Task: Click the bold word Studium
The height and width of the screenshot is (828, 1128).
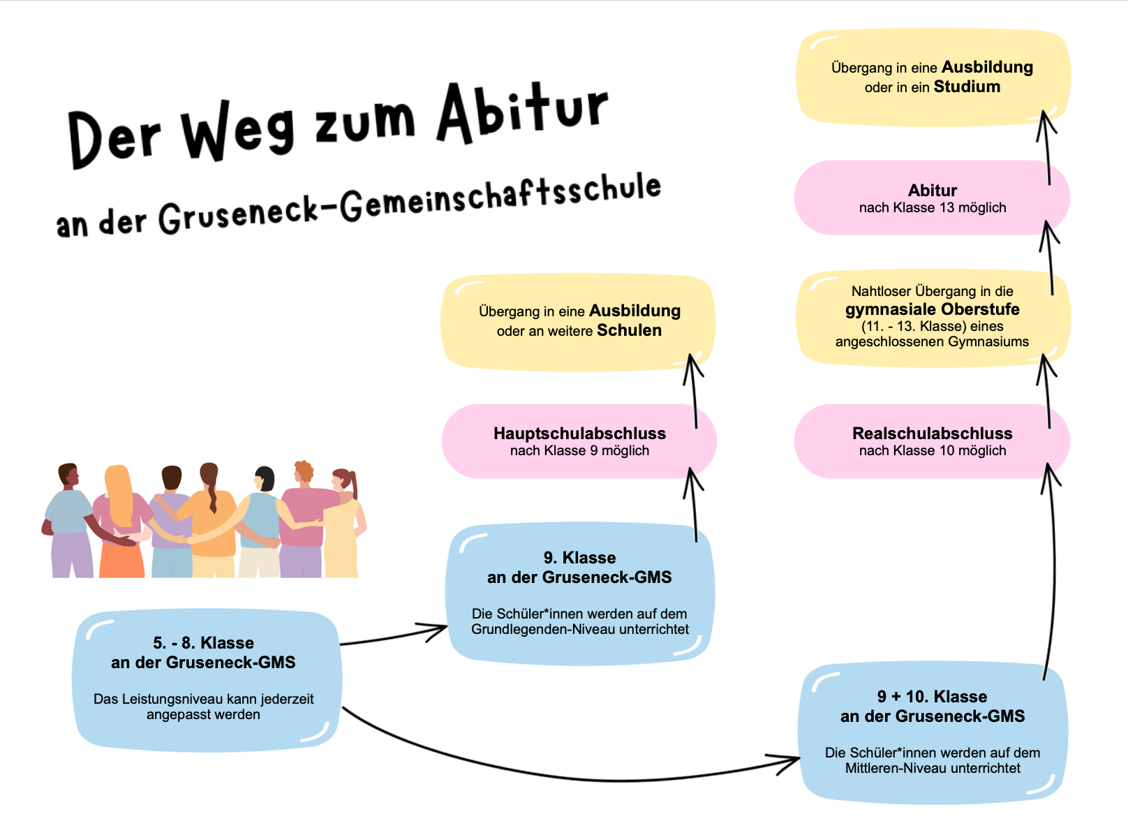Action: pyautogui.click(x=967, y=87)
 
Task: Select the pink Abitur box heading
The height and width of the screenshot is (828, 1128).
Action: pyautogui.click(x=932, y=190)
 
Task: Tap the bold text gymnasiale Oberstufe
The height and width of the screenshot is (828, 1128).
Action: pyautogui.click(x=932, y=309)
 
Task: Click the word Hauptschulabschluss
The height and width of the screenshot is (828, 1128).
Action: pyautogui.click(x=579, y=434)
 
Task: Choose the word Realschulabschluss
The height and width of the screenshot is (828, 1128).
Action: pyautogui.click(x=932, y=434)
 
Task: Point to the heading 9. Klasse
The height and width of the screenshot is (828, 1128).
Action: pyautogui.click(x=579, y=558)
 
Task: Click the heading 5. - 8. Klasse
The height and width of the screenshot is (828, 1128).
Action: pyautogui.click(x=203, y=643)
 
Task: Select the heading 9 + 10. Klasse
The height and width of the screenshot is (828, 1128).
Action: pyautogui.click(x=932, y=697)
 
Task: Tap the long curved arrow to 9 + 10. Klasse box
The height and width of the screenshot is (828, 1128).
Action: pyautogui.click(x=558, y=772)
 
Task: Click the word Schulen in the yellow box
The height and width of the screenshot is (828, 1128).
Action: pyautogui.click(x=629, y=330)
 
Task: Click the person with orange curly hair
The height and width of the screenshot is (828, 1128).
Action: pyautogui.click(x=302, y=517)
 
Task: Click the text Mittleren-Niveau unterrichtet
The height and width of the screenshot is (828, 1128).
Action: pyautogui.click(x=932, y=768)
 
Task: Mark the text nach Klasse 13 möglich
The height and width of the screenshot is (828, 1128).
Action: pyautogui.click(x=932, y=207)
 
